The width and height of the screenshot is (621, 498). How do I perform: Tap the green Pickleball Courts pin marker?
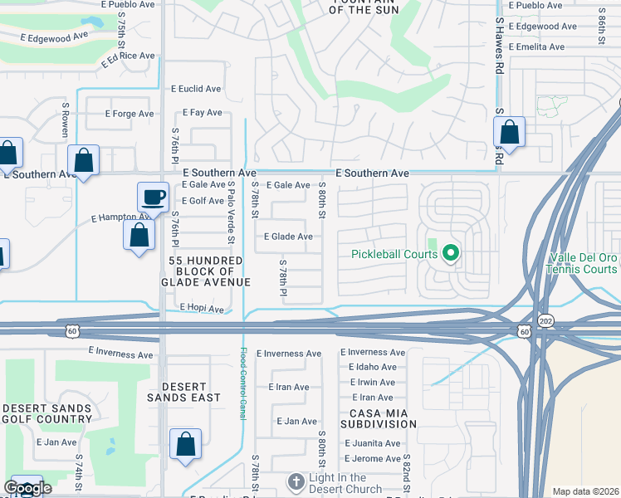click(x=451, y=253)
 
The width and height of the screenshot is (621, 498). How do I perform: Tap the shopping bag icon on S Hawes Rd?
click(x=509, y=132)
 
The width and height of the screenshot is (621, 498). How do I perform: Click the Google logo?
click(x=27, y=488)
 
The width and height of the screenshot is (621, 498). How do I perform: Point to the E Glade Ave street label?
click(x=288, y=237)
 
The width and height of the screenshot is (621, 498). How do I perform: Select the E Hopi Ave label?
click(x=203, y=309)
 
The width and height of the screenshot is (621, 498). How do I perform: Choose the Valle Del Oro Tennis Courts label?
click(x=583, y=263)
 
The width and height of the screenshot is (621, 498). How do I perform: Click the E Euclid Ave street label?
click(x=196, y=88)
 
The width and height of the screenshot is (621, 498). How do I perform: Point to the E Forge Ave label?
click(x=130, y=114)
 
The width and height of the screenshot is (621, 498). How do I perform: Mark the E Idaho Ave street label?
click(x=372, y=367)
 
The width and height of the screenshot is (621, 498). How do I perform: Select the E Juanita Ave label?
click(x=372, y=443)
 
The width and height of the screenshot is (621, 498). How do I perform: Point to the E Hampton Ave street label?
click(x=120, y=217)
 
